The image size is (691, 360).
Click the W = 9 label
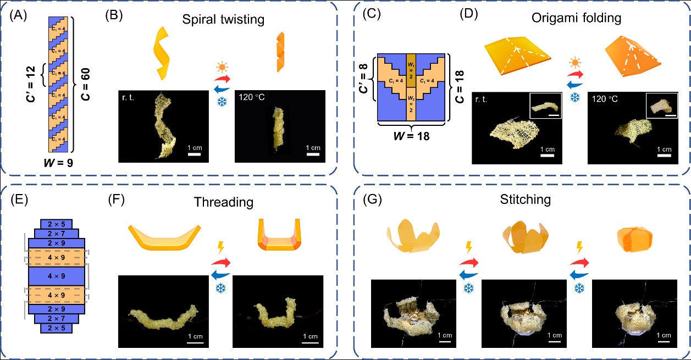click(x=56, y=162)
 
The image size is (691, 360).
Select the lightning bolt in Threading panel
click(x=222, y=247)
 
